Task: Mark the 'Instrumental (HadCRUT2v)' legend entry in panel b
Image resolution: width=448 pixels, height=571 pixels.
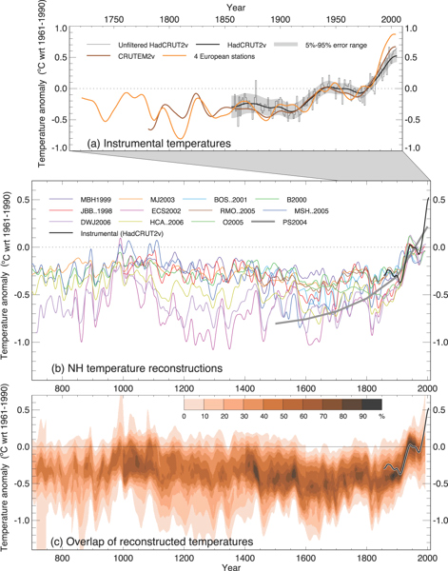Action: tap(112, 244)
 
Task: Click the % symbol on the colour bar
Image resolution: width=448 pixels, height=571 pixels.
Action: tap(380, 415)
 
